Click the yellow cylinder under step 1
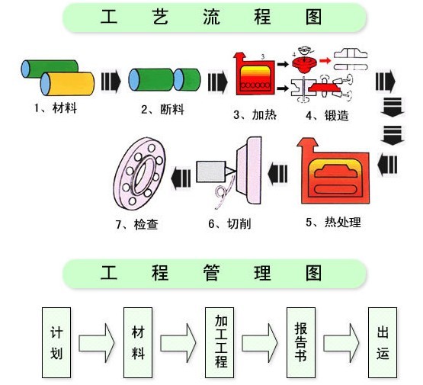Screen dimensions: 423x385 (67, 84)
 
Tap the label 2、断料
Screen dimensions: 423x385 (162, 110)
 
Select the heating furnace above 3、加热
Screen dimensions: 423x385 (255, 74)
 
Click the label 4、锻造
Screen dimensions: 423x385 (327, 115)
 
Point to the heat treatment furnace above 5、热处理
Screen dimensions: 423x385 (333, 171)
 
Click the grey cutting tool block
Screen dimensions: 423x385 (211, 172)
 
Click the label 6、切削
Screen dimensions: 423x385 (229, 223)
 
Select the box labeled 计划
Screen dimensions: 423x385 (56, 342)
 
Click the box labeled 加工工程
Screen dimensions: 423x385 (220, 342)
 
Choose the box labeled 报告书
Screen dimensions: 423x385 (301, 342)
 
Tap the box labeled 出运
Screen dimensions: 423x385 (383, 342)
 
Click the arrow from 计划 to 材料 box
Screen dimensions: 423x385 (97, 343)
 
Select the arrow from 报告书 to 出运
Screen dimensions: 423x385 (341, 343)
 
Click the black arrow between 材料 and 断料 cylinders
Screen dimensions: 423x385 (111, 81)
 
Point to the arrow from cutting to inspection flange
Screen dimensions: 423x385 (181, 178)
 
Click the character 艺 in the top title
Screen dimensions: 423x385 (160, 17)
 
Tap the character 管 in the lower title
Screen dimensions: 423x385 (211, 272)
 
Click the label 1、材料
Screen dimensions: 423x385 (56, 108)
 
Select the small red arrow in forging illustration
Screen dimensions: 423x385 (325, 60)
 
